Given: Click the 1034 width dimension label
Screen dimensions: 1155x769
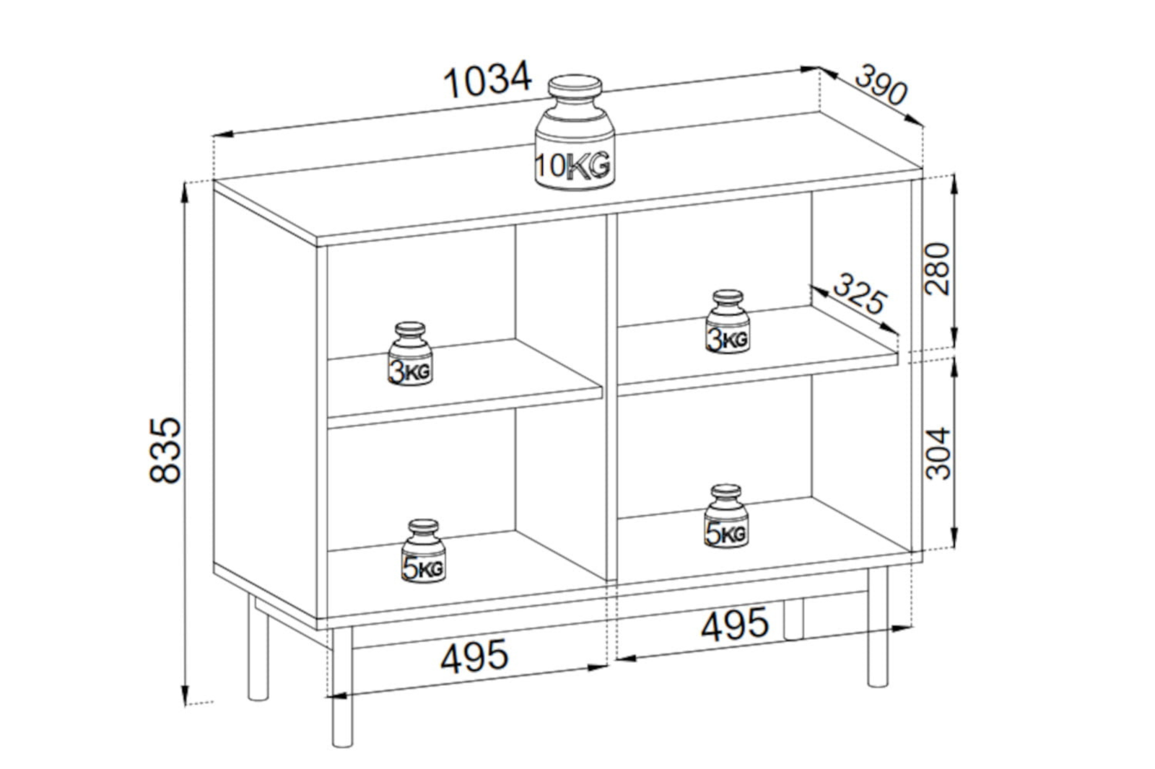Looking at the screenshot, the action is (x=487, y=80).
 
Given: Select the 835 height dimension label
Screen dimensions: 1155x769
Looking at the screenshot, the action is (x=165, y=450).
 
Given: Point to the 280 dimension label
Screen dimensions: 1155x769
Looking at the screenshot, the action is (x=937, y=269).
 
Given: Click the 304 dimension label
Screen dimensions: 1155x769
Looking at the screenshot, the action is (x=938, y=454).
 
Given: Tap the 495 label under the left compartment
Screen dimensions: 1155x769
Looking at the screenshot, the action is (x=474, y=656).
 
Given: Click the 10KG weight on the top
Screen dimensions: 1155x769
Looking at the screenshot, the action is (x=575, y=133).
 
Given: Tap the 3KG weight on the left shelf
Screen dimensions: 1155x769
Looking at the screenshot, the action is (x=411, y=354).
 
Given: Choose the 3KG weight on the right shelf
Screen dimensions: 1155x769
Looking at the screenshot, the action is (x=728, y=322).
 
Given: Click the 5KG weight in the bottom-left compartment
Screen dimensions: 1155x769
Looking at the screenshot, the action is (x=424, y=551).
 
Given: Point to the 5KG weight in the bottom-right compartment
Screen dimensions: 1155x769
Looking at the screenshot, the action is (x=726, y=516).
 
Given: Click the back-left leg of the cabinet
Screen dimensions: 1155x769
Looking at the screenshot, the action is (x=258, y=646).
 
